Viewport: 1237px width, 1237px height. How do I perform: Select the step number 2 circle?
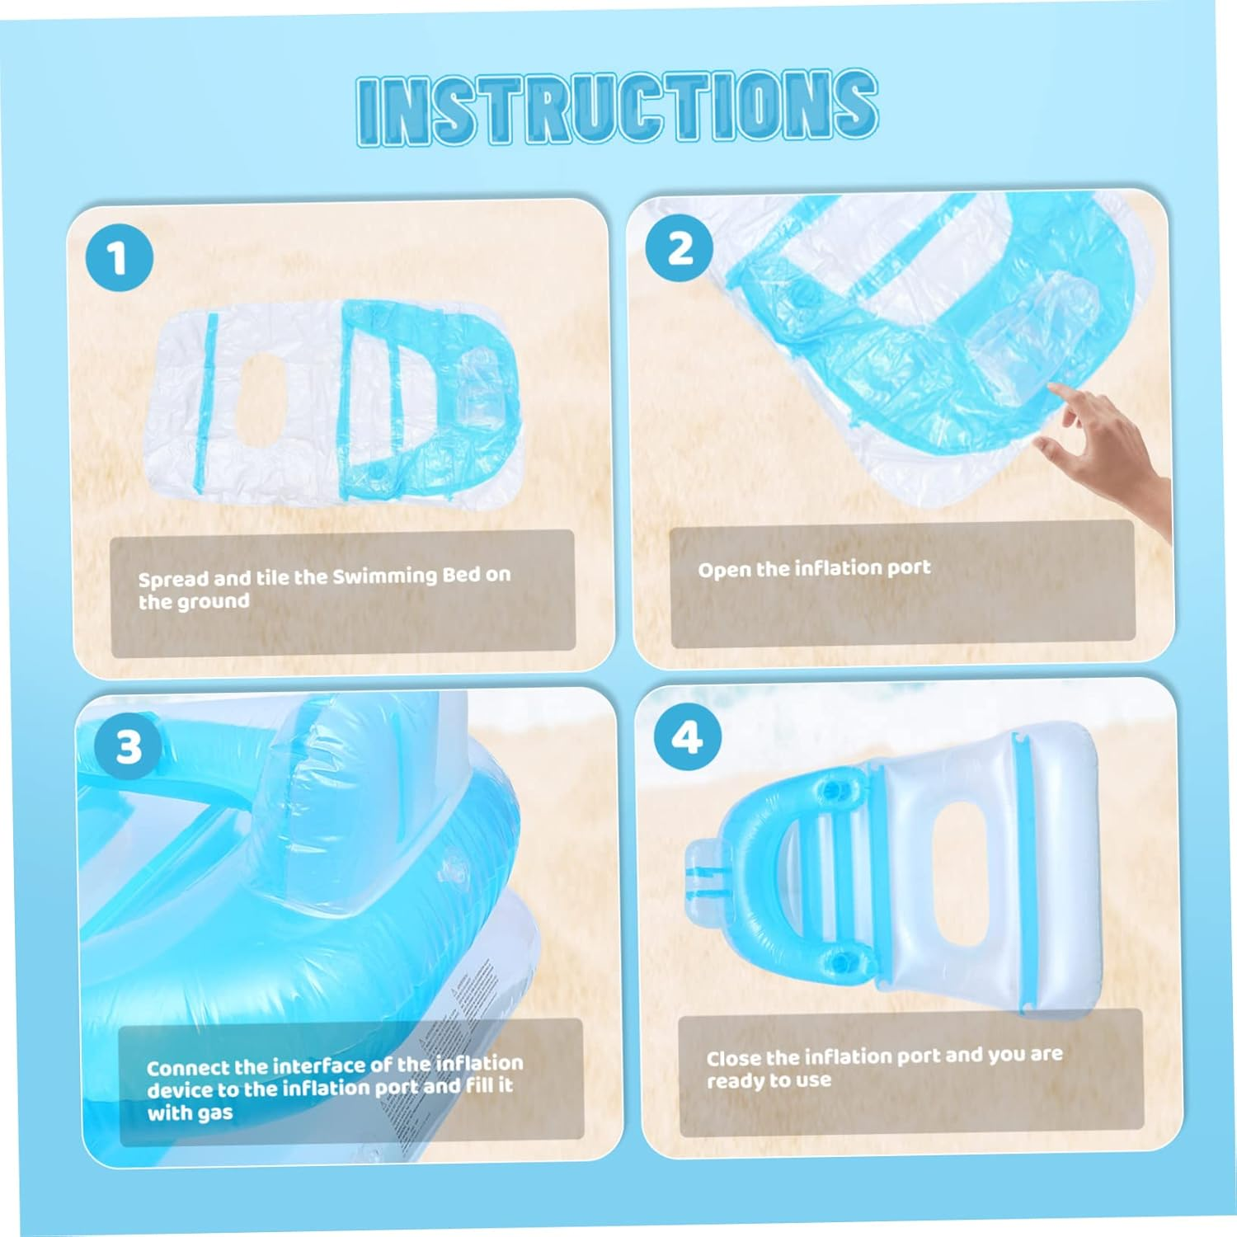coord(679,248)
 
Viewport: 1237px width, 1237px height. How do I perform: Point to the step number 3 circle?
coord(128,747)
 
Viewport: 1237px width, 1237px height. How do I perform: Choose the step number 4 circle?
coord(688,737)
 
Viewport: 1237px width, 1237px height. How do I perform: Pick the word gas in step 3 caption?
coord(214,1112)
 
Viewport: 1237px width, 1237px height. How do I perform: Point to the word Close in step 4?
coord(733,1058)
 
